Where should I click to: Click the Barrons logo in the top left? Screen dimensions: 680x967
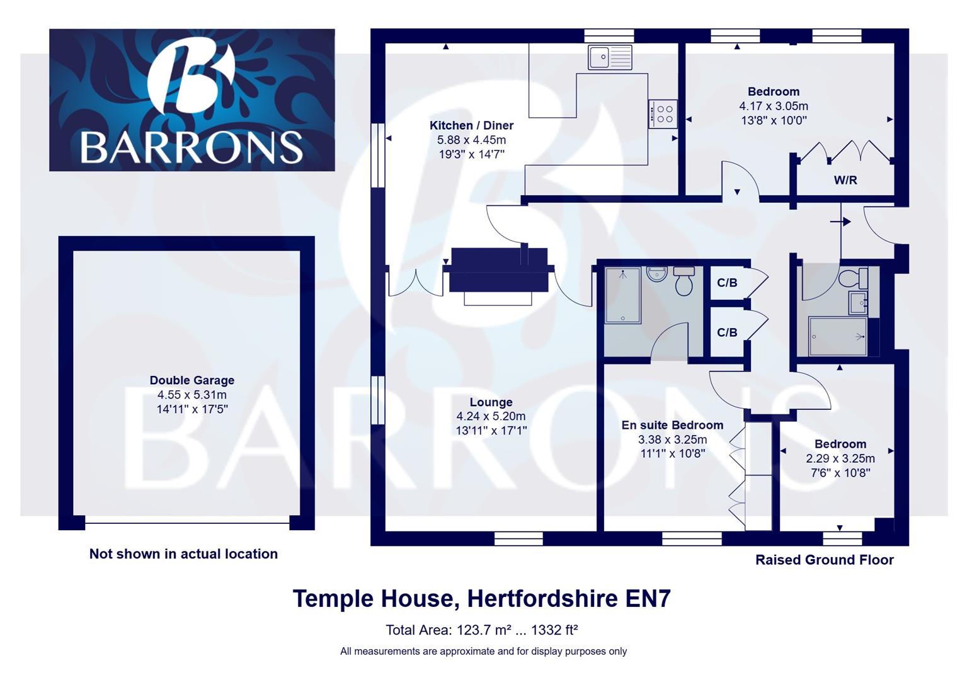tap(192, 100)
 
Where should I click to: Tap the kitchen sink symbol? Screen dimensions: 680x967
tap(609, 57)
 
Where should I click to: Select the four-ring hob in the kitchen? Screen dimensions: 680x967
tap(663, 114)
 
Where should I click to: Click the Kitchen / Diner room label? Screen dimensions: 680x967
tap(471, 125)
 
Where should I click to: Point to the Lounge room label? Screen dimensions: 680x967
tap(491, 402)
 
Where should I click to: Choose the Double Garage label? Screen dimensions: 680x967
tap(192, 380)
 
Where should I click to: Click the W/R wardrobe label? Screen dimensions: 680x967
tap(845, 180)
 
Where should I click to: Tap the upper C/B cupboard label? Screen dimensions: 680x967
tap(727, 283)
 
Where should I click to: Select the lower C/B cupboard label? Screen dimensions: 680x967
tap(727, 332)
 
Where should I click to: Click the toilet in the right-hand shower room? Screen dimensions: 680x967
tap(855, 277)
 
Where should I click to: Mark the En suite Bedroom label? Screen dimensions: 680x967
tap(672, 425)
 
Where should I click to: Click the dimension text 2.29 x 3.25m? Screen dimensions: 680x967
tap(840, 458)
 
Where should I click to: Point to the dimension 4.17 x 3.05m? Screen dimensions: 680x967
tap(774, 106)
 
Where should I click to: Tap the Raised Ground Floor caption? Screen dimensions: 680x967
tap(824, 560)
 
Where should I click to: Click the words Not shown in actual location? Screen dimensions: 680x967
tap(183, 554)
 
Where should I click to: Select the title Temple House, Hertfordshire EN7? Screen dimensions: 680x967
tap(482, 598)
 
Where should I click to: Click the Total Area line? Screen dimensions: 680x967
tap(482, 630)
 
